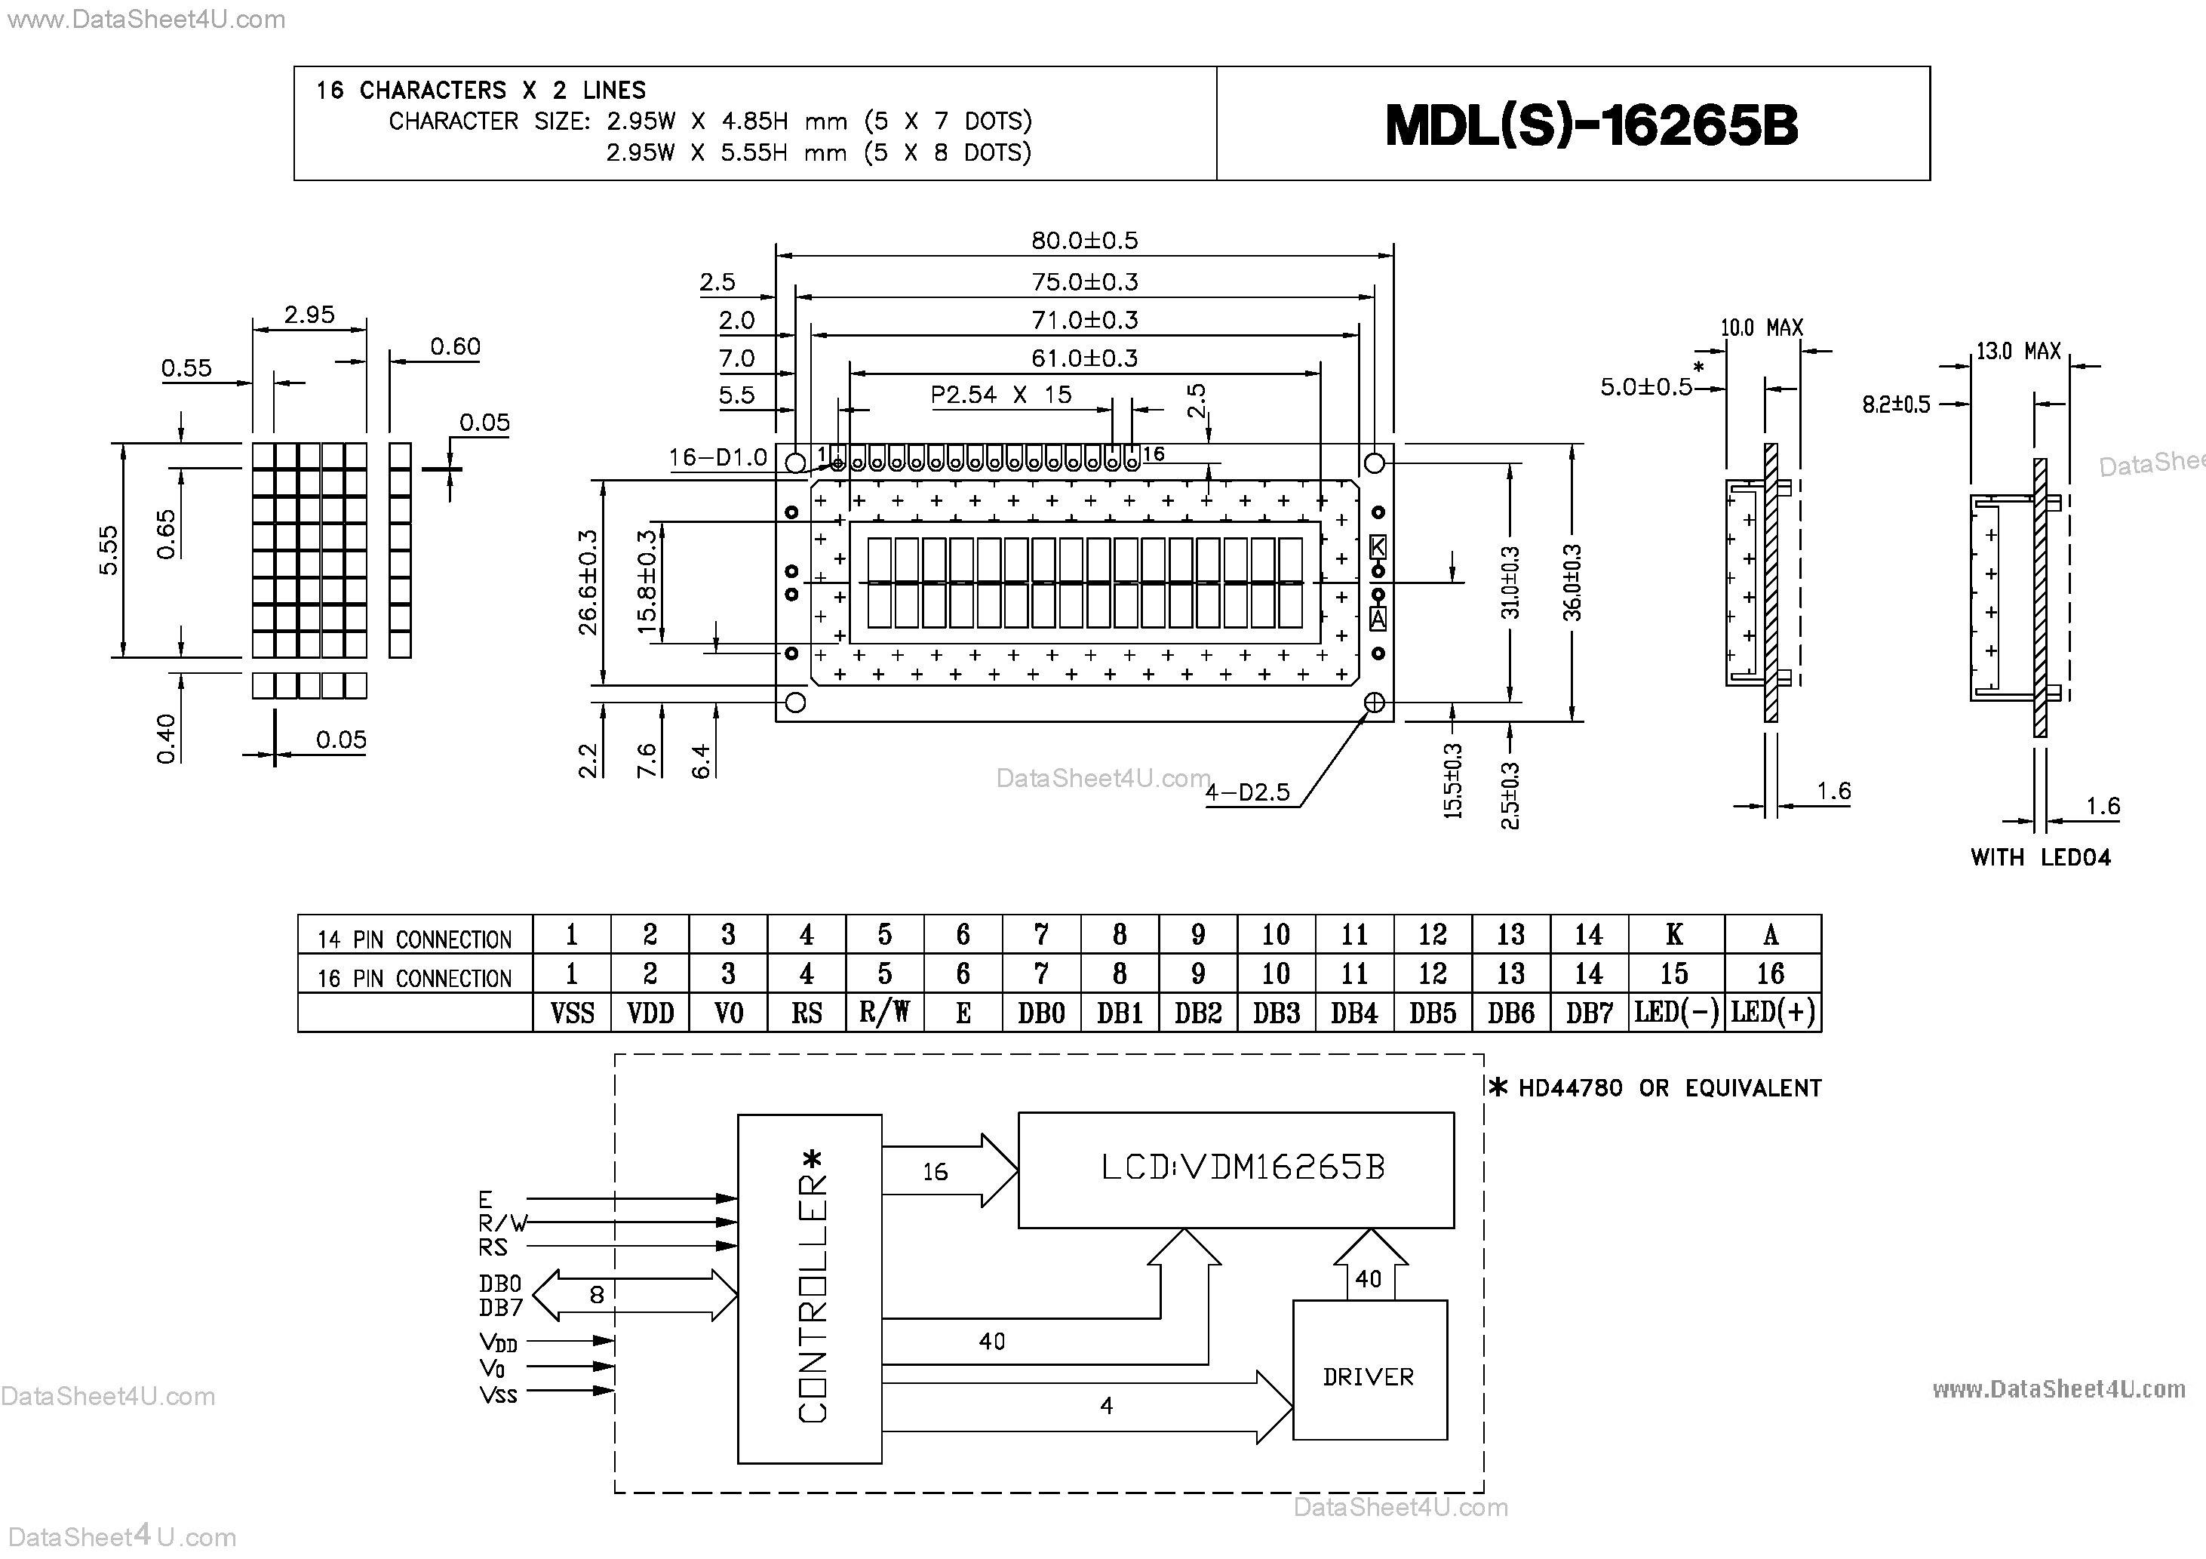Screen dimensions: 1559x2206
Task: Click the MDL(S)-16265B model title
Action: click(x=1591, y=125)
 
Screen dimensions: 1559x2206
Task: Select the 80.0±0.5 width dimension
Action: click(x=1084, y=240)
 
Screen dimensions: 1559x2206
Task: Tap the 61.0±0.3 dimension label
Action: click(x=1084, y=358)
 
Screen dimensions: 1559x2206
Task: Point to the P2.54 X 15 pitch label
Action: click(x=1000, y=395)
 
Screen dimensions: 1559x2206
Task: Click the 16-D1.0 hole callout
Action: click(x=717, y=457)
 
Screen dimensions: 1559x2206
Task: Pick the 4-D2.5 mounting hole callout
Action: click(x=1247, y=793)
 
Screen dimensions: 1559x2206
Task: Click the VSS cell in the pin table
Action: click(x=572, y=1013)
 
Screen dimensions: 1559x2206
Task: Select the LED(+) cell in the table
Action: click(x=1773, y=1013)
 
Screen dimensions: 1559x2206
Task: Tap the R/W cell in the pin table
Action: click(x=884, y=1013)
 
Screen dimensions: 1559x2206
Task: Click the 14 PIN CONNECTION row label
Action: click(x=414, y=939)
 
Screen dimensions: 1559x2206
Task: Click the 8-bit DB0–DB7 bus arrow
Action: click(x=634, y=1295)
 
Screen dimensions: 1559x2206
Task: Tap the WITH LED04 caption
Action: click(x=2040, y=857)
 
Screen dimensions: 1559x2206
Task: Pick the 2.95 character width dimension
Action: click(x=309, y=315)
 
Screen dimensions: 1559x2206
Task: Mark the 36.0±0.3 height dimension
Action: click(x=1572, y=583)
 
